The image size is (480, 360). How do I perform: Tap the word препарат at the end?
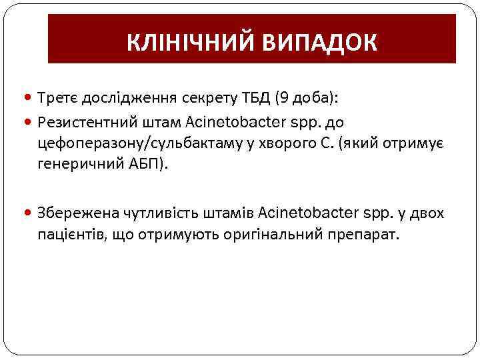(365, 234)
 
